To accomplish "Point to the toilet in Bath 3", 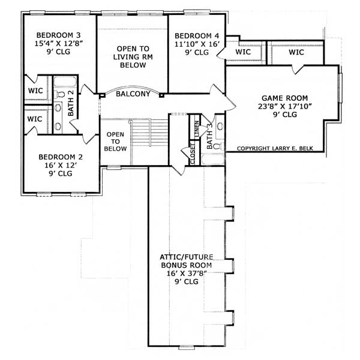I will pos(219,127).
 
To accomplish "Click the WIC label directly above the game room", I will pos(296,53).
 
